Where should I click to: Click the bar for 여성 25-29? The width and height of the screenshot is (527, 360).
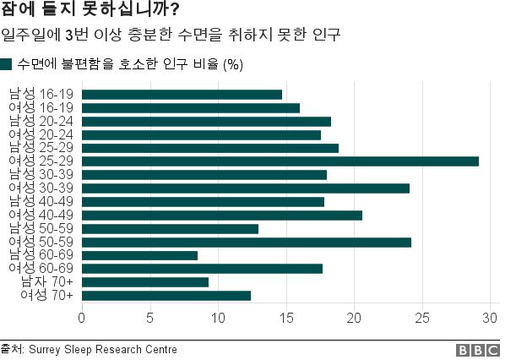pyautogui.click(x=280, y=161)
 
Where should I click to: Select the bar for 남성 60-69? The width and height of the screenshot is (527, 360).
pyautogui.click(x=139, y=255)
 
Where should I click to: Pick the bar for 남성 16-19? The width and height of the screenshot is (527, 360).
pyautogui.click(x=182, y=95)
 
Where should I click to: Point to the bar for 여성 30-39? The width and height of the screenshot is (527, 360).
pyautogui.click(x=245, y=188)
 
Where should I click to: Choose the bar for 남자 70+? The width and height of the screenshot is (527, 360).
pyautogui.click(x=144, y=282)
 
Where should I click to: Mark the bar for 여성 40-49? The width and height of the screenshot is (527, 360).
pyautogui.click(x=221, y=215)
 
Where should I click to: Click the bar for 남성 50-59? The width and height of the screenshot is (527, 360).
pyautogui.click(x=170, y=228)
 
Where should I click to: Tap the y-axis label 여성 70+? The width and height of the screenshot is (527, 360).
pyautogui.click(x=46, y=295)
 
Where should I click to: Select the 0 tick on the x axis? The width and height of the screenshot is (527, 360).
pyautogui.click(x=81, y=318)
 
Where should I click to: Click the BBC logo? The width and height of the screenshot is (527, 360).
pyautogui.click(x=477, y=350)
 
